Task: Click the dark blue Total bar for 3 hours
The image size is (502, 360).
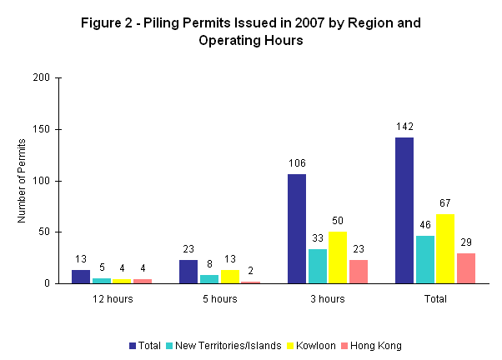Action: [x=297, y=228]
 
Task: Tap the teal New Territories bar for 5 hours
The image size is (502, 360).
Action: [x=208, y=278]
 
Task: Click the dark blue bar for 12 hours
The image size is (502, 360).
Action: [x=81, y=277]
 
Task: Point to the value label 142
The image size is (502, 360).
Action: [x=404, y=127]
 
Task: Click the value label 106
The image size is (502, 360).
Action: [x=297, y=164]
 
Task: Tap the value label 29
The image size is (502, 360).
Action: [x=465, y=243]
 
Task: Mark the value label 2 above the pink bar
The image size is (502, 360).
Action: [x=250, y=272]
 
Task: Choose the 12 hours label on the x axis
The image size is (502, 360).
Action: [x=113, y=298]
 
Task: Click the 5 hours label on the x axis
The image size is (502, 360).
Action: [x=219, y=298]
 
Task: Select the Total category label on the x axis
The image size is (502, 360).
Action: [x=434, y=298]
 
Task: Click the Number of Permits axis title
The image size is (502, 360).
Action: [x=23, y=180]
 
